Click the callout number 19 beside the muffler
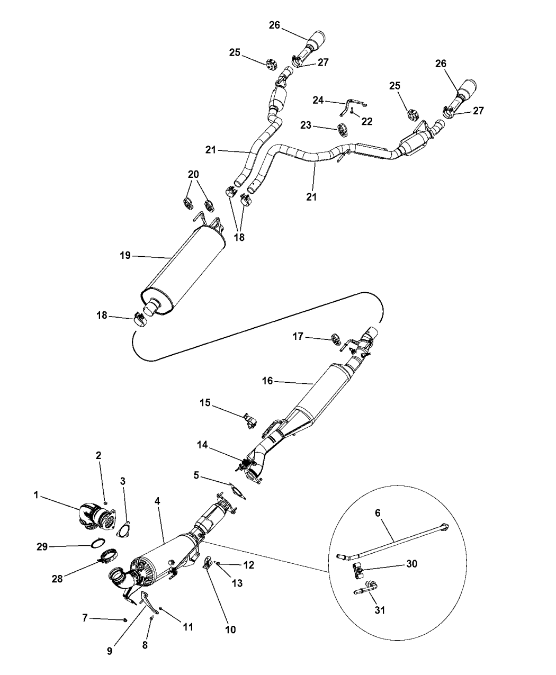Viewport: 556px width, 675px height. click(x=125, y=255)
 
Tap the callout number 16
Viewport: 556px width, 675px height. click(x=267, y=381)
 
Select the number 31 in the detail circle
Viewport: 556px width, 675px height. click(x=380, y=610)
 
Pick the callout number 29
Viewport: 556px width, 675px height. click(x=42, y=547)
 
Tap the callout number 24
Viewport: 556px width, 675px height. click(x=318, y=100)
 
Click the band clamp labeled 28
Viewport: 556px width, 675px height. click(x=106, y=557)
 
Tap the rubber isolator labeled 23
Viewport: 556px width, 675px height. click(x=343, y=130)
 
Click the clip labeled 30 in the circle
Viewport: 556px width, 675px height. click(x=357, y=573)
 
